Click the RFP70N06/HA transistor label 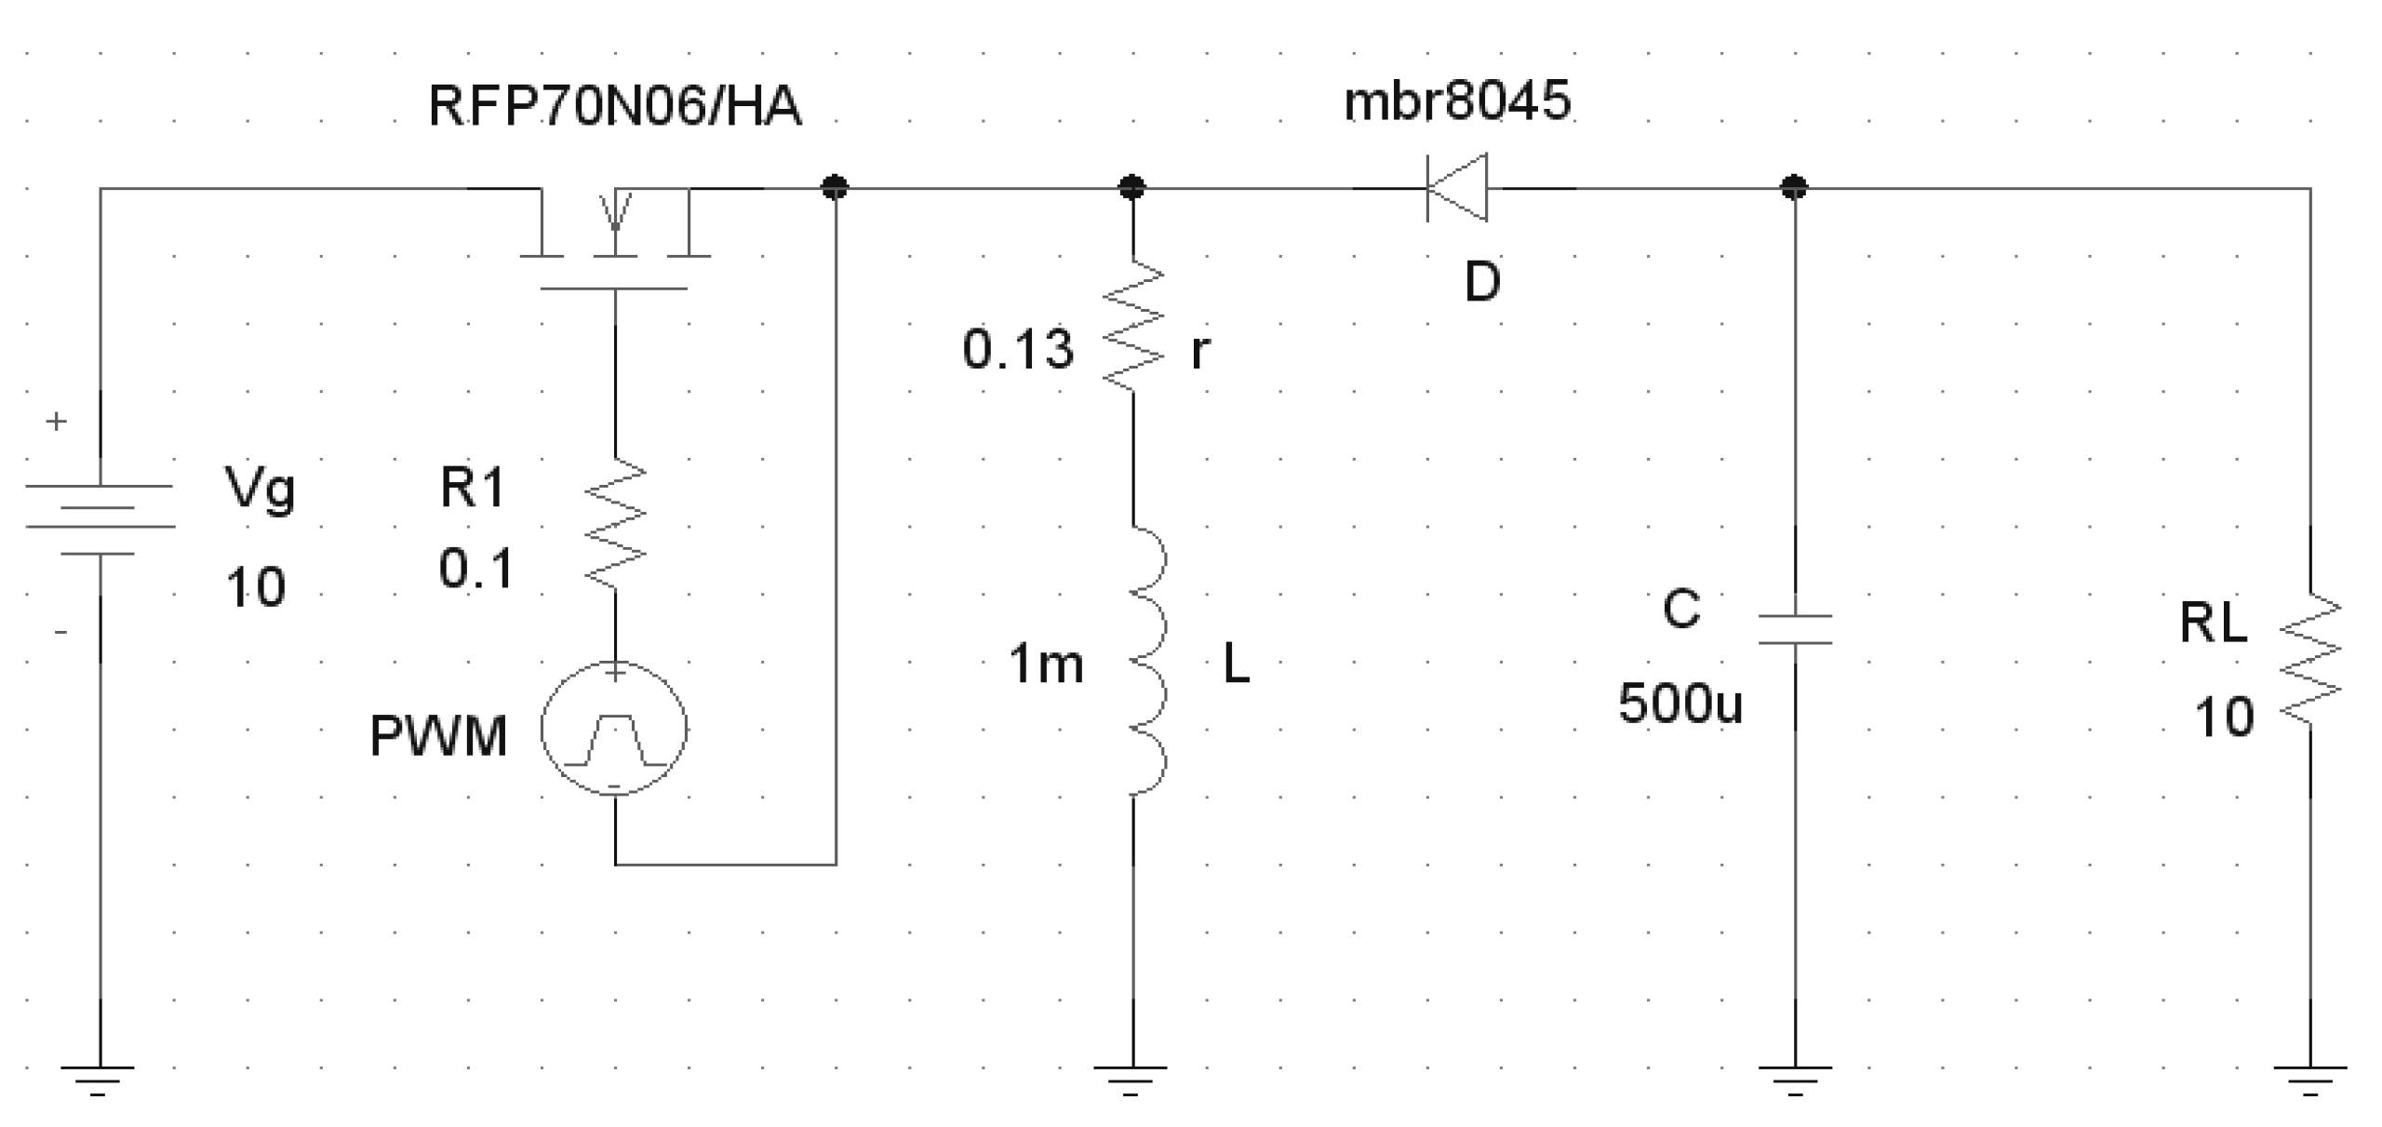[614, 106]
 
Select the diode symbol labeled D [1457, 188]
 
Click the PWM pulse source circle [614, 729]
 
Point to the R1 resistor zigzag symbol [615, 523]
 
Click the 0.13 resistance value [1018, 351]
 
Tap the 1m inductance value [1046, 665]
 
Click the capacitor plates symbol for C [1794, 629]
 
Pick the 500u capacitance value [1679, 704]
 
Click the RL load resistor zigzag [2311, 659]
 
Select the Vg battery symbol [100, 519]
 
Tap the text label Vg [261, 488]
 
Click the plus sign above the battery [57, 422]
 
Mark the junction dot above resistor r [1131, 188]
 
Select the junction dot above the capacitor [1794, 188]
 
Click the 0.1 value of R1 [475, 569]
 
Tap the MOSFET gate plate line [614, 288]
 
